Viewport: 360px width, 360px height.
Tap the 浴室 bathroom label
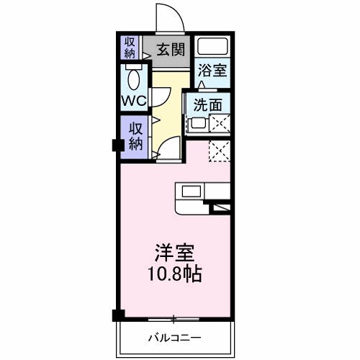(x=213, y=71)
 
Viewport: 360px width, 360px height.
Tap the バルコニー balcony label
(x=174, y=337)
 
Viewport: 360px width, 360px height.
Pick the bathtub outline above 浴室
(x=213, y=47)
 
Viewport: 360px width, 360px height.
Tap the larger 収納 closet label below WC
(x=135, y=135)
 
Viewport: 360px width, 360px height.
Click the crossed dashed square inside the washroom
(x=220, y=124)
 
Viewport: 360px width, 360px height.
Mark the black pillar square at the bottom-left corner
(x=118, y=315)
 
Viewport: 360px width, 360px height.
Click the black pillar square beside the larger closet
(x=115, y=145)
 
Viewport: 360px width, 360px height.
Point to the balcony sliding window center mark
(x=174, y=318)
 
